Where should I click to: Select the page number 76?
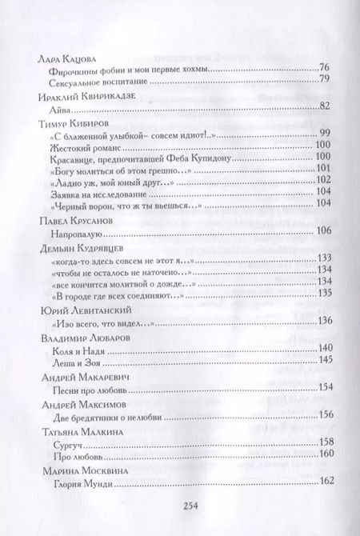pos(324,67)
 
